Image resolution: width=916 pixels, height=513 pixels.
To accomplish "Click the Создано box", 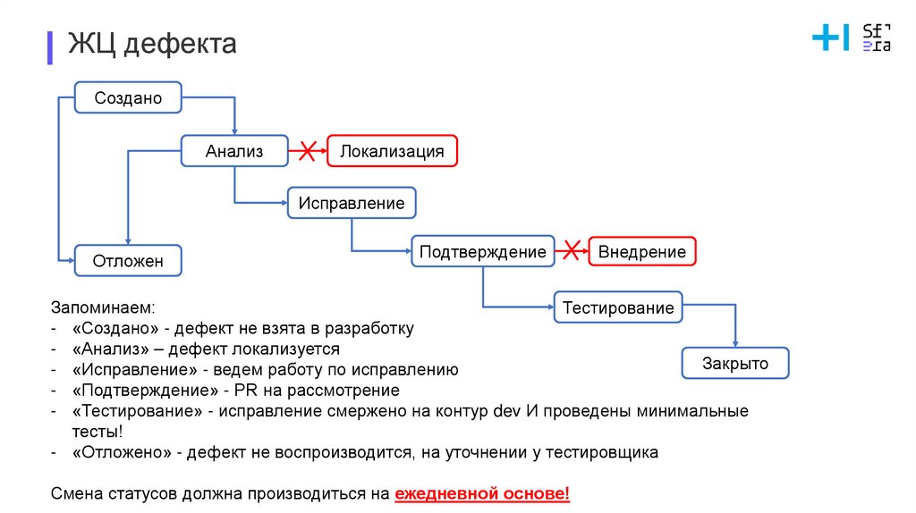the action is point(128,97).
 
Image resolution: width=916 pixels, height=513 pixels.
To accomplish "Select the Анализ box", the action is point(234,151).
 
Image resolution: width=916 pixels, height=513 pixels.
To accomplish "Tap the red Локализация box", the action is point(392,151).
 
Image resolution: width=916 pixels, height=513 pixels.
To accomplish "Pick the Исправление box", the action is point(352,203).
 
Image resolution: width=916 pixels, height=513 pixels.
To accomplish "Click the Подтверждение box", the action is point(483,252).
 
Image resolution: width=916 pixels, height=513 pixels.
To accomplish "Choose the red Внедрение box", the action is point(641,252).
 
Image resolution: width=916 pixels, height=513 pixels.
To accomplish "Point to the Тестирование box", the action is point(618,308).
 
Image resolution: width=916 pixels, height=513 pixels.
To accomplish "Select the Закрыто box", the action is point(735,364).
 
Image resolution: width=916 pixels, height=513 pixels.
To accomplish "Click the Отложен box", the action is point(128,261).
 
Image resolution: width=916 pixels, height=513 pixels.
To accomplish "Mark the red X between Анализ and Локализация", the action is point(308,151).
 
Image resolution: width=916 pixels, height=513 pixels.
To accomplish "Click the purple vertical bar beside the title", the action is point(50,46).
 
